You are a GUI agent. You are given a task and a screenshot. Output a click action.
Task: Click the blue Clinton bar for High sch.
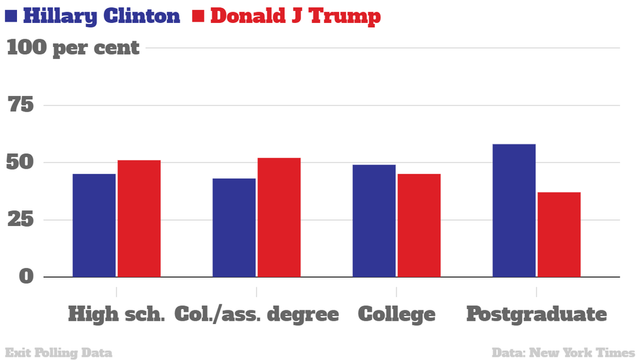(94, 225)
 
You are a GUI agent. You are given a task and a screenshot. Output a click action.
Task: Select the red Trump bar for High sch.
(139, 218)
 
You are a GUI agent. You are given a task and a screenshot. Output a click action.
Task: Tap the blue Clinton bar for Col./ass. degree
(234, 227)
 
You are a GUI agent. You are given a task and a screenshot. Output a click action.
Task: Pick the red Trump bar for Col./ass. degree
(279, 217)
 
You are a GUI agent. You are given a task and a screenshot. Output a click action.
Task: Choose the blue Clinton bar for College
(374, 221)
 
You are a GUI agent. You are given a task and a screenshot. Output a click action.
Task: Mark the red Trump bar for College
(419, 225)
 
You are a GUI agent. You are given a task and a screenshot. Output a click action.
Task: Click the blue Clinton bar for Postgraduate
(514, 210)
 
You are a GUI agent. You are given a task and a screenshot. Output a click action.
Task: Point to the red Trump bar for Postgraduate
(559, 235)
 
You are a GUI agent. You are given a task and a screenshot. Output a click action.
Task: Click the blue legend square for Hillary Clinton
(11, 16)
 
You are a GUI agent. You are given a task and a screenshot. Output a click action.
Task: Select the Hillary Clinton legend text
(101, 16)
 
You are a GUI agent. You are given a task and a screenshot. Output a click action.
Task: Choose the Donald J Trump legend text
(295, 16)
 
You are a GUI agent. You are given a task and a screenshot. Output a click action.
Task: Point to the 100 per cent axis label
(73, 48)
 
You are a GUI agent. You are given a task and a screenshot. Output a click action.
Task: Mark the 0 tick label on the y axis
(25, 276)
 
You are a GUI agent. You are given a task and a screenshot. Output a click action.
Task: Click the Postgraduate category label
(536, 314)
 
